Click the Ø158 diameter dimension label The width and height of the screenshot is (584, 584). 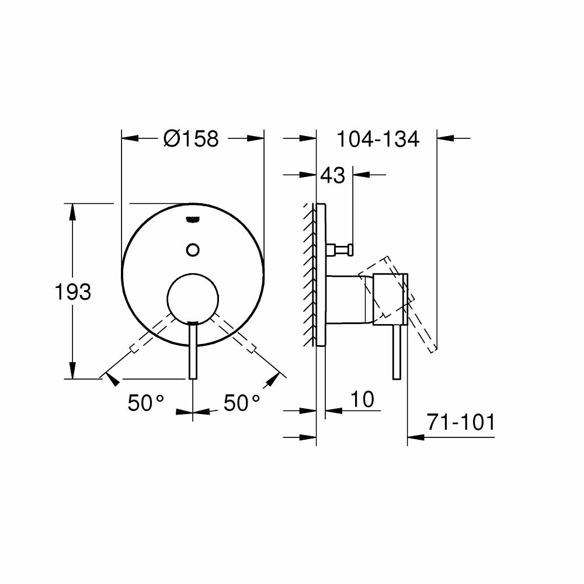[191, 139]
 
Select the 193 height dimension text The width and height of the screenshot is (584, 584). [73, 291]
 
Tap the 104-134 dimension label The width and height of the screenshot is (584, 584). [378, 139]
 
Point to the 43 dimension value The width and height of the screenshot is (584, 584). [332, 175]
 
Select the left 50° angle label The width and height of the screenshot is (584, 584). [146, 402]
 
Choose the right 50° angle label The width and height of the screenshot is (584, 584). [242, 402]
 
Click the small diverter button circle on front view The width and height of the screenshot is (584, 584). [193, 249]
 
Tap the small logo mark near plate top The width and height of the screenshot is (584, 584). [192, 219]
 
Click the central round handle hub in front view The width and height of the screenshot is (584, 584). [193, 298]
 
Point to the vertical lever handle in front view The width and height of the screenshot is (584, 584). [193, 350]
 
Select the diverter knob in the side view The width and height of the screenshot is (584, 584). [342, 250]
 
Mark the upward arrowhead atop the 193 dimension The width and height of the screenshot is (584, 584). [73, 211]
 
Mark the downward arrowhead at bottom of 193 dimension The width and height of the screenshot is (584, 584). [73, 371]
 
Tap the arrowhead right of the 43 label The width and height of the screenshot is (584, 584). [361, 175]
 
